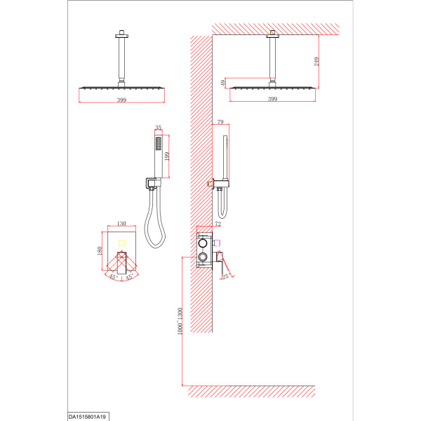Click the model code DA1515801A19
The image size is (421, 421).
[87, 417]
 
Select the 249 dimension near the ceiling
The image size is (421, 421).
[317, 62]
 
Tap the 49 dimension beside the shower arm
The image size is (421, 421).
[223, 83]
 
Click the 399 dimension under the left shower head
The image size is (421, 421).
[121, 100]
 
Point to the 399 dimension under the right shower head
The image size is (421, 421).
[272, 99]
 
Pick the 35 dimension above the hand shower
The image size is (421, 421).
[158, 127]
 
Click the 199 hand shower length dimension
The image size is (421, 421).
[167, 156]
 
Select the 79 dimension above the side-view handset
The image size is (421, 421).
[220, 122]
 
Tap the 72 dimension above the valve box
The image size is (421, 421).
[218, 224]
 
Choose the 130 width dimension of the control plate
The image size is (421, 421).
[121, 223]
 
